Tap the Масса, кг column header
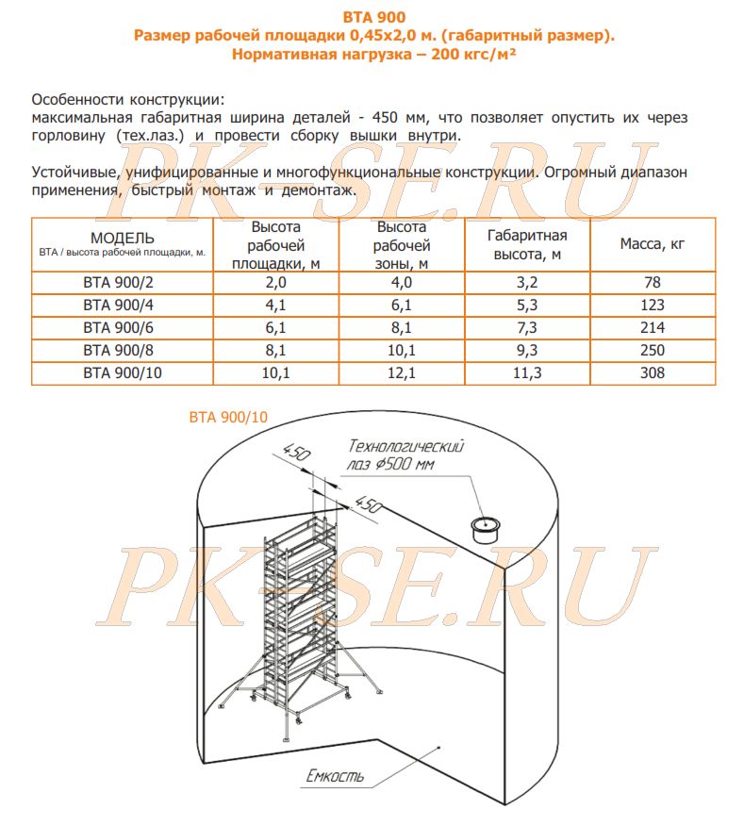click(x=652, y=243)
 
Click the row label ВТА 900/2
click(x=123, y=282)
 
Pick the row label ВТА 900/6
click(x=123, y=327)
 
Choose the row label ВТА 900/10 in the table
click(x=123, y=372)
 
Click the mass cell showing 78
click(x=652, y=282)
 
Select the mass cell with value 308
click(x=652, y=372)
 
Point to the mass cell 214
click(x=652, y=327)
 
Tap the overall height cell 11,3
click(x=527, y=372)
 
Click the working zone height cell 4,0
click(x=402, y=282)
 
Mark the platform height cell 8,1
click(x=276, y=350)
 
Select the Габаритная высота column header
click(x=527, y=243)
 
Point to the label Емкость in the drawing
click(x=335, y=778)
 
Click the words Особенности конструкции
click(x=127, y=100)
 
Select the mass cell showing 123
click(x=652, y=305)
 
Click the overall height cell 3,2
click(x=527, y=282)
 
